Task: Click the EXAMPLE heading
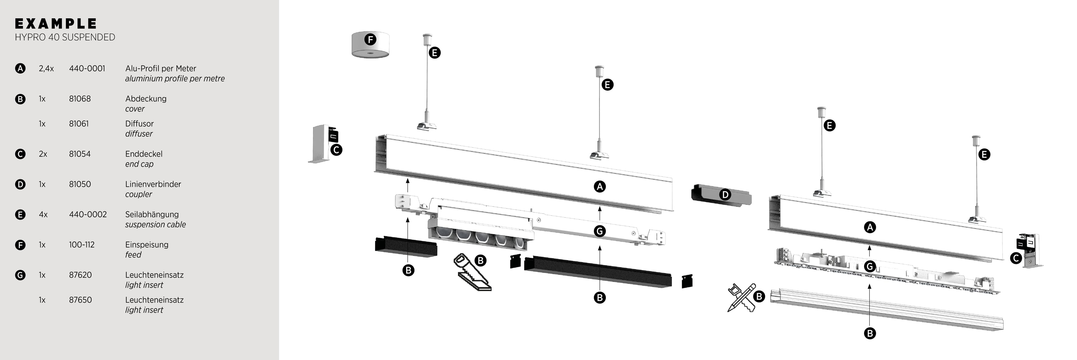coord(56,24)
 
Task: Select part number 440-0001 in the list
coord(87,68)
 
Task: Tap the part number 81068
coord(80,99)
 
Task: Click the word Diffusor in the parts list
coord(139,124)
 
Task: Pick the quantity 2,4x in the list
coord(46,68)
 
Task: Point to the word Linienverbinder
coord(153,184)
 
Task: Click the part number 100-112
coord(82,245)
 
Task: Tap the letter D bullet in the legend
coord(20,184)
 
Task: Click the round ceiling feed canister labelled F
coord(370,45)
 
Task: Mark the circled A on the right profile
coord(870,228)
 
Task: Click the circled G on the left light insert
coord(600,231)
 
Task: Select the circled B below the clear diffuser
coord(870,333)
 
